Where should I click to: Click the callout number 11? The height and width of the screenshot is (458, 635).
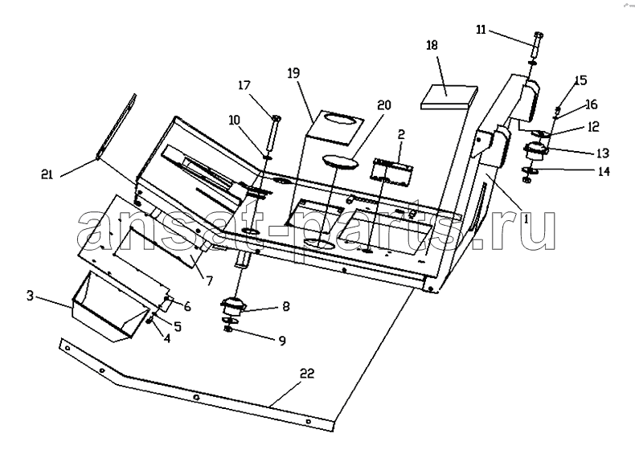(x=481, y=30)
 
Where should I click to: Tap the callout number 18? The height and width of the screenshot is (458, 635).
(x=432, y=45)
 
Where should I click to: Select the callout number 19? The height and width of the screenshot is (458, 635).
(x=293, y=73)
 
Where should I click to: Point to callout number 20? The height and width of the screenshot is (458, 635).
(x=384, y=105)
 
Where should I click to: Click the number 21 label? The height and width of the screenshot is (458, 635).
(x=47, y=174)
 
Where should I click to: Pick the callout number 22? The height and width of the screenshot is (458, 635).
(x=307, y=374)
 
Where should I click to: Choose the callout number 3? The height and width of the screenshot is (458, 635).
(x=30, y=296)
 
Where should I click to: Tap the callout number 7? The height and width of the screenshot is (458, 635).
(x=209, y=280)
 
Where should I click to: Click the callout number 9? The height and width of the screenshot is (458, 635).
(x=282, y=341)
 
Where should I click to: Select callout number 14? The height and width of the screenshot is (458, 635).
(x=604, y=171)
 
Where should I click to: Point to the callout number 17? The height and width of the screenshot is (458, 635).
(x=244, y=85)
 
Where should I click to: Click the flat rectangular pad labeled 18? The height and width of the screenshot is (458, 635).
(x=449, y=97)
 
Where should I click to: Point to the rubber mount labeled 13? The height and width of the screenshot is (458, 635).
(x=535, y=152)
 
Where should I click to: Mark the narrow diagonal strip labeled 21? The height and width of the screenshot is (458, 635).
(x=117, y=126)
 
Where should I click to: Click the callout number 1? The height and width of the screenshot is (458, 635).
(x=526, y=219)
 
